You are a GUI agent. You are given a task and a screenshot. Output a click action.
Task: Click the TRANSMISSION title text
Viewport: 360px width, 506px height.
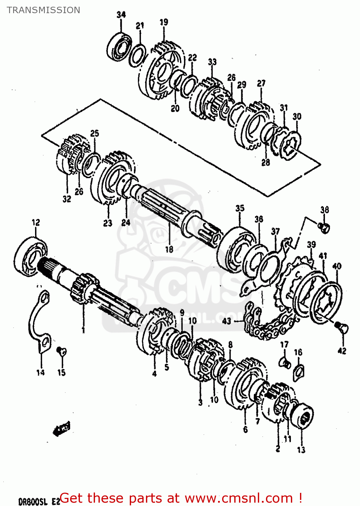[x=43, y=10]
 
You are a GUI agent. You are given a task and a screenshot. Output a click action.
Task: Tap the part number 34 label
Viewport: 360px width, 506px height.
[x=121, y=15]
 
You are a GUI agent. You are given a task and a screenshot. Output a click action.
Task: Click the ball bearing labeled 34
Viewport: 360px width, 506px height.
[x=119, y=47]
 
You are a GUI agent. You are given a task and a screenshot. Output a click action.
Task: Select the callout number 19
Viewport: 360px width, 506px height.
[x=164, y=22]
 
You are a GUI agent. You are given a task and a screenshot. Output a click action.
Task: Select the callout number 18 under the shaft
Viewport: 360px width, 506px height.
[x=169, y=249]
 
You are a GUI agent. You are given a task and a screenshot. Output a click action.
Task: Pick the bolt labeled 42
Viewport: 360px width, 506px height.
[x=343, y=328]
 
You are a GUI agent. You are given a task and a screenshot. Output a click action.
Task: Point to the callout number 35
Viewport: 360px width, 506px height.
[x=240, y=208]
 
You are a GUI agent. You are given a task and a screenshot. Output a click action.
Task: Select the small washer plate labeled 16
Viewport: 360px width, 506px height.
[x=299, y=372]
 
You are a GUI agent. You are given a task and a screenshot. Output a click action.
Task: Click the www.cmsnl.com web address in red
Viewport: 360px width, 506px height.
[x=239, y=498]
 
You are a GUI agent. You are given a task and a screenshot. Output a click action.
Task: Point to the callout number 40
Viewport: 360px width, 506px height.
[x=337, y=266]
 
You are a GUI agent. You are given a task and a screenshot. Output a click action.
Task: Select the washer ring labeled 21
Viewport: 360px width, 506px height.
[x=138, y=55]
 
